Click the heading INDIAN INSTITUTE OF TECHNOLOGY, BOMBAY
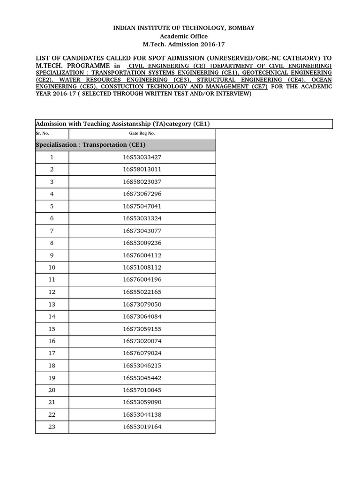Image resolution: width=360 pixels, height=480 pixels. tap(184, 28)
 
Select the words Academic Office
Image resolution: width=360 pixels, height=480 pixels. tap(184, 36)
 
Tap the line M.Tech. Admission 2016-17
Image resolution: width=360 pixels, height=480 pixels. tap(184, 44)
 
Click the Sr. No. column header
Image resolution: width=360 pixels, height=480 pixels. tap(42, 133)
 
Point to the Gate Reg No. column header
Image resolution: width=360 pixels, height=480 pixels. tap(142, 133)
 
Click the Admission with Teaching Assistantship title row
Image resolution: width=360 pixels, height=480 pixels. tap(123, 124)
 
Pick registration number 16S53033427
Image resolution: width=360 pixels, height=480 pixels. tap(142, 157)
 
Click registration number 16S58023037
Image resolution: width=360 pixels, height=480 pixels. tap(142, 182)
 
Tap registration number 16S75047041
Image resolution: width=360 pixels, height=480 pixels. tap(142, 206)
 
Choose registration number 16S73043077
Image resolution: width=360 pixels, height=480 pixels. tap(142, 231)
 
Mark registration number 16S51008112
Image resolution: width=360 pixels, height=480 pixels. tap(142, 268)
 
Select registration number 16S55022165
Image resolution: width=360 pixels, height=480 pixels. tap(142, 292)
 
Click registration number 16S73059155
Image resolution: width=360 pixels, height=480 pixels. tap(142, 329)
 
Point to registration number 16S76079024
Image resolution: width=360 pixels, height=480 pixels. tap(142, 353)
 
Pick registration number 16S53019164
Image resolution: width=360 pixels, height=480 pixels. tap(142, 427)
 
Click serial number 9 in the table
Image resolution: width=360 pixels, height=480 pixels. tap(52, 255)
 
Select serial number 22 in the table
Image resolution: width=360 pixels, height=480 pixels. tap(52, 414)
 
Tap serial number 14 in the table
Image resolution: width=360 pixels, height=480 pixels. tap(52, 316)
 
